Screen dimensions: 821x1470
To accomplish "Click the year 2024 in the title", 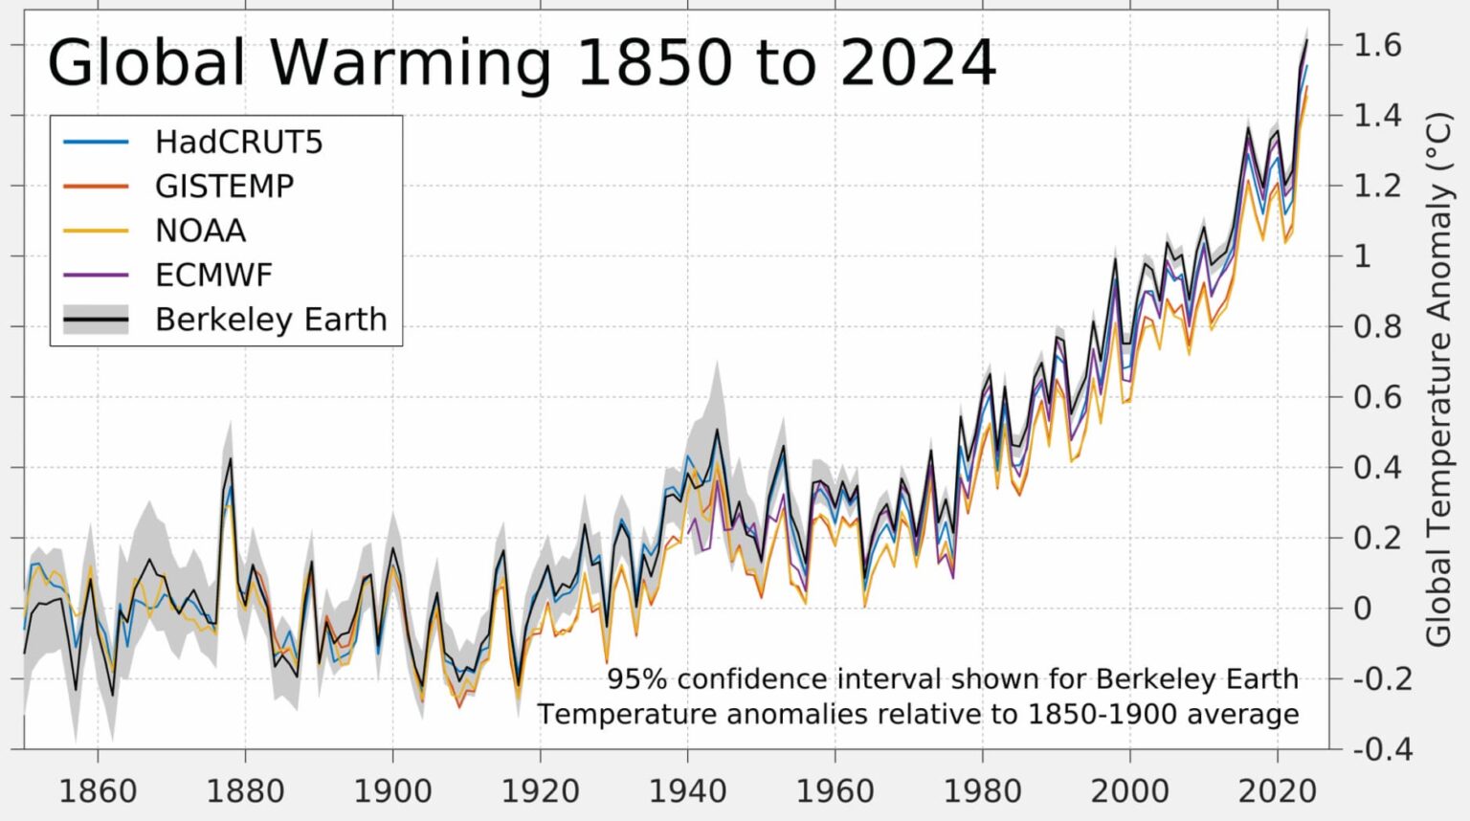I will tap(918, 63).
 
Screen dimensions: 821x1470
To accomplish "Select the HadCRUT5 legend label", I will tap(238, 143).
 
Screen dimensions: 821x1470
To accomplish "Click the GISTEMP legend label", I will tap(224, 187).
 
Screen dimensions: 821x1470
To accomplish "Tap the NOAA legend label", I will tap(200, 231).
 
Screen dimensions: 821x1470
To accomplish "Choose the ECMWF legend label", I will tap(213, 276).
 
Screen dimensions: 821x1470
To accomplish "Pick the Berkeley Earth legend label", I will tap(271, 320).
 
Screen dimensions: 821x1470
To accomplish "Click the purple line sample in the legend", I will tap(96, 276).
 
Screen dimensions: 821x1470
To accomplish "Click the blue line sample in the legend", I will tap(96, 143).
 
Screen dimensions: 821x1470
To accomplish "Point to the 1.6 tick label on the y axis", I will tap(1376, 45).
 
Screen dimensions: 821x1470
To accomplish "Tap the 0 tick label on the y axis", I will tap(1363, 609).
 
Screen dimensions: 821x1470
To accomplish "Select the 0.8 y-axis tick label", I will tap(1376, 327).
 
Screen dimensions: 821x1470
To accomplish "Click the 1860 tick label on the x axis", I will tap(98, 791).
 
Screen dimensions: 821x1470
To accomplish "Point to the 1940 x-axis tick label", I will tap(687, 791).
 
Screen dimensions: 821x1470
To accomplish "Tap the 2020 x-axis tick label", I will tap(1277, 791).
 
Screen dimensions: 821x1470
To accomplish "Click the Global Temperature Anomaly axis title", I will tap(1438, 379).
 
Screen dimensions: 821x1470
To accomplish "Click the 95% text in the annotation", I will tap(635, 679).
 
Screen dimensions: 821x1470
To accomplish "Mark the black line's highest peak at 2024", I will tap(1306, 41).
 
